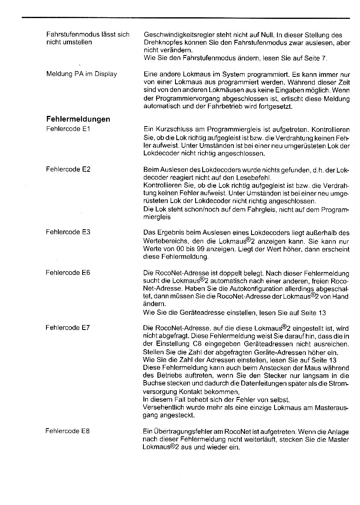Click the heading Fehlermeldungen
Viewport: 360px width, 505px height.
[78, 119]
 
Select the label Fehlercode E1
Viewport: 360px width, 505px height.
[68, 129]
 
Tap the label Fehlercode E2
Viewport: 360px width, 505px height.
[68, 169]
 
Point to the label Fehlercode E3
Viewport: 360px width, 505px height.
[68, 232]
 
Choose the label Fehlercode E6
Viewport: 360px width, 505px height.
[68, 272]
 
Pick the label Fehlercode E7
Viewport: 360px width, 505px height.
[68, 327]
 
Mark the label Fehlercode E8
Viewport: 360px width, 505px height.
[68, 431]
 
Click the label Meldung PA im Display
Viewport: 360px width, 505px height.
[81, 74]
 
